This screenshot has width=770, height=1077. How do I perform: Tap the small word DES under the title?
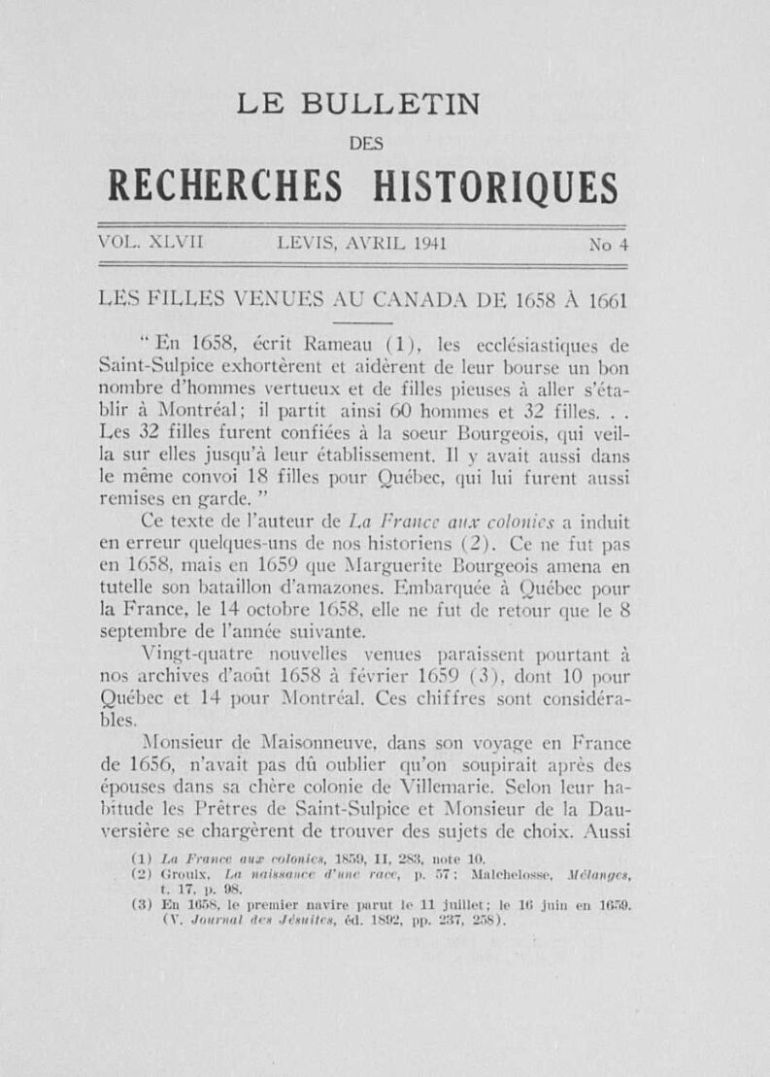tap(366, 143)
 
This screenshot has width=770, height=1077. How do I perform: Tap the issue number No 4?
tap(609, 246)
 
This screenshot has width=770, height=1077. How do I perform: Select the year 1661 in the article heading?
tap(607, 300)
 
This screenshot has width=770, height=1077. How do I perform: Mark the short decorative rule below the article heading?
tap(366, 321)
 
